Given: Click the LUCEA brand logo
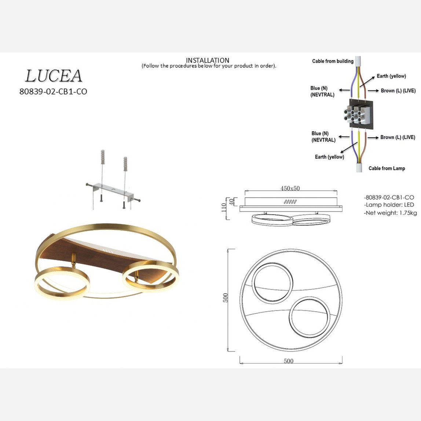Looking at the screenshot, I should [x=54, y=76].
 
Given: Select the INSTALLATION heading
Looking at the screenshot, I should [x=208, y=60].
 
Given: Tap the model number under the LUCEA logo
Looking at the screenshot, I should [x=53, y=92].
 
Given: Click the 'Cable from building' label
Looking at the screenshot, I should [x=333, y=61].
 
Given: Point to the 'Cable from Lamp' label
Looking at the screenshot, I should [x=387, y=168].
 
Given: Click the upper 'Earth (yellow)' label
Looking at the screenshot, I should [x=391, y=76].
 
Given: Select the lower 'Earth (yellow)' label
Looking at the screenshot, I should [x=329, y=157].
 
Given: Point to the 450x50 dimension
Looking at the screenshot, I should [x=290, y=188].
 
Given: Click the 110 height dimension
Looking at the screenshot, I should [x=224, y=208].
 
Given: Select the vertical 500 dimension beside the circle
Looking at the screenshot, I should [x=226, y=298].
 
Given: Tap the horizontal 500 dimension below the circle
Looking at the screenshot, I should [x=289, y=361].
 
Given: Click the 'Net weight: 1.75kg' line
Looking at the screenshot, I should [x=390, y=213].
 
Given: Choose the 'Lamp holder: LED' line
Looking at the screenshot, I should [x=389, y=205].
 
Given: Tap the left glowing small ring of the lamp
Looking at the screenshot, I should [x=62, y=284].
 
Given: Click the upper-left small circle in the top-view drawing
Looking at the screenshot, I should [x=274, y=283].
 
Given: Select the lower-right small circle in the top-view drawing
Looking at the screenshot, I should [x=309, y=317].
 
